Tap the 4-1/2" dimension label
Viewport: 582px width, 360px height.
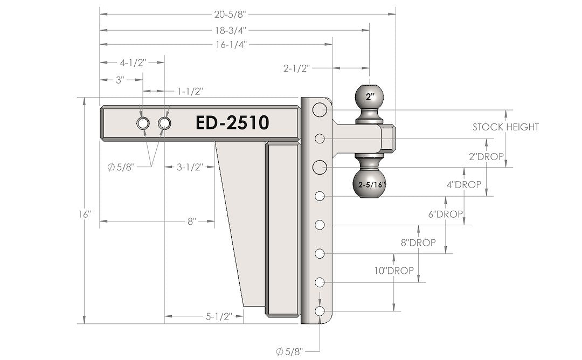(x=133, y=63)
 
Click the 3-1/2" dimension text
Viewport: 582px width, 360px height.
(x=189, y=167)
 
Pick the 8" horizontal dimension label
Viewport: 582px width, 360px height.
(x=191, y=221)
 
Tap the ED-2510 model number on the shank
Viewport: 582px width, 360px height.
(x=232, y=123)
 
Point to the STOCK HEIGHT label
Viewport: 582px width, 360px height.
(x=505, y=127)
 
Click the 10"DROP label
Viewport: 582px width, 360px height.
(x=394, y=271)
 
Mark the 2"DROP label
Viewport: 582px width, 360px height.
(x=486, y=156)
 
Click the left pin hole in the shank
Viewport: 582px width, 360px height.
(x=143, y=123)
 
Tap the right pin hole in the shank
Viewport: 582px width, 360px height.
(x=164, y=123)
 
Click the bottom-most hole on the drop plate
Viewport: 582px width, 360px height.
(x=320, y=311)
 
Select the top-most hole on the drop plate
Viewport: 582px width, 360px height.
(x=320, y=110)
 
